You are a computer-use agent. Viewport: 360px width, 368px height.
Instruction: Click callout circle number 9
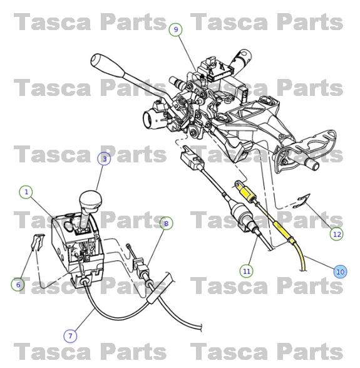176,29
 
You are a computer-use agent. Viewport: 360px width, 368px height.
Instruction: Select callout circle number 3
105,159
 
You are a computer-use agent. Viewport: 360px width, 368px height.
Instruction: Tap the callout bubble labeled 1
26,192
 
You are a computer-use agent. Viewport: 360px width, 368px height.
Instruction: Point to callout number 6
18,285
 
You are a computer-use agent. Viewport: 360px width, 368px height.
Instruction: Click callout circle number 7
69,335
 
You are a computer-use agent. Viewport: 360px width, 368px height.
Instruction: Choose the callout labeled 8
166,223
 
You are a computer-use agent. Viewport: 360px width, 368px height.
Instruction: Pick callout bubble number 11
246,271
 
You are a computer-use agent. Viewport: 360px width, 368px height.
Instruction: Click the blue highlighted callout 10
339,271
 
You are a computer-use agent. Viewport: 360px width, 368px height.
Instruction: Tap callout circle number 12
337,234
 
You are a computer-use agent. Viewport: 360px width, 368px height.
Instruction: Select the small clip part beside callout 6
36,242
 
